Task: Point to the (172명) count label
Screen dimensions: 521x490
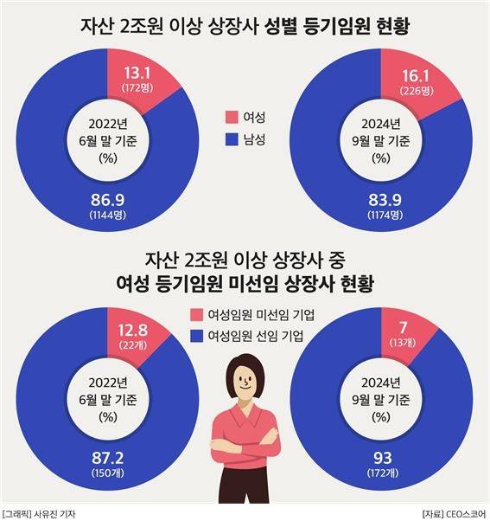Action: point(132,89)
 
